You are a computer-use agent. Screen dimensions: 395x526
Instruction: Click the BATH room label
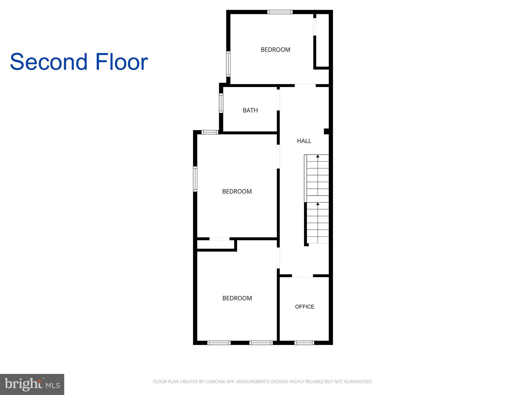[250, 110]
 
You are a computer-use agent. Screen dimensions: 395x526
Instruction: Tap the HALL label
[304, 141]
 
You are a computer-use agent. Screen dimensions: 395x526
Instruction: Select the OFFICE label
[305, 307]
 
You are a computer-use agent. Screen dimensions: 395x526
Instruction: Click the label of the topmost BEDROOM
[275, 50]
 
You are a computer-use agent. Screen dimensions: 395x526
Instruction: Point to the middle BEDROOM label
[237, 191]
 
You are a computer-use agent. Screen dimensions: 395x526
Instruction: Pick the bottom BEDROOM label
[237, 298]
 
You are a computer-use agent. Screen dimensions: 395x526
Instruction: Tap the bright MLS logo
[32, 384]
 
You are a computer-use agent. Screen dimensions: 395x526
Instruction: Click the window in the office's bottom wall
[304, 343]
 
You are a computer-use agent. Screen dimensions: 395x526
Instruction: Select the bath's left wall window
[221, 103]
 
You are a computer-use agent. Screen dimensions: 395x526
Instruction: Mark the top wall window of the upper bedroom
[280, 12]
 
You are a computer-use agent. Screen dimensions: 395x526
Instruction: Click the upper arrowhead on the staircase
[318, 156]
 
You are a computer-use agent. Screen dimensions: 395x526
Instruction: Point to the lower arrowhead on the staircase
[318, 204]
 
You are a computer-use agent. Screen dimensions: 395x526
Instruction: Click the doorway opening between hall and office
[302, 276]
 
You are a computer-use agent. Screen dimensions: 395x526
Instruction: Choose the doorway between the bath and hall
[278, 100]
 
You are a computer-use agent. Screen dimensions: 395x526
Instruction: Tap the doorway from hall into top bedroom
[305, 85]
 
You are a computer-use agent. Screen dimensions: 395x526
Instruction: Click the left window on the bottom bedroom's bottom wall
[219, 343]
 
